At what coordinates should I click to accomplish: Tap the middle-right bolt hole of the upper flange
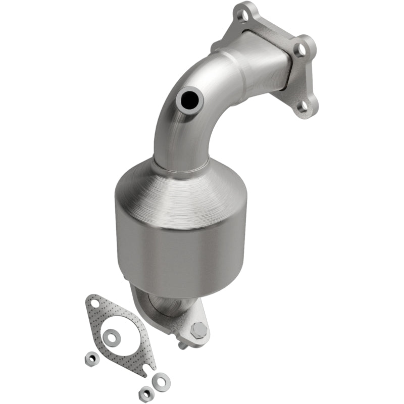301,49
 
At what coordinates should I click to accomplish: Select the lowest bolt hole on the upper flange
304,106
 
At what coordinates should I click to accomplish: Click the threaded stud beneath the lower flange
182,345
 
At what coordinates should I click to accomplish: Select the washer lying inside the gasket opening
111,335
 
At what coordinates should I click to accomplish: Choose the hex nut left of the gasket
91,358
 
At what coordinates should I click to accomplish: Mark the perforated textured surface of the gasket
129,348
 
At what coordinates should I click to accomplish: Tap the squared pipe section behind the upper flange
265,61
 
